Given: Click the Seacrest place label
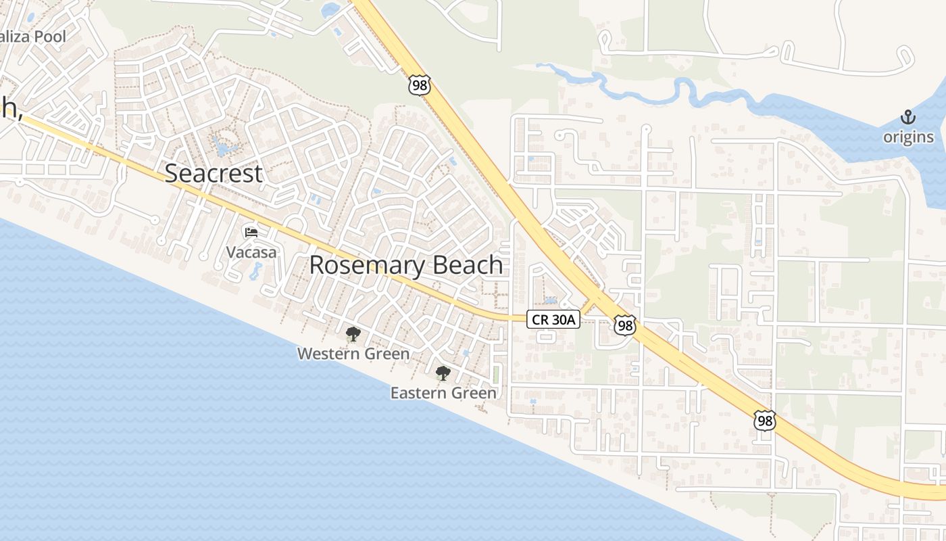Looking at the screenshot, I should (214, 173).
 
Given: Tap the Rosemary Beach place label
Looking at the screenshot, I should (406, 265).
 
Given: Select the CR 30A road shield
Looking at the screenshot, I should (553, 319).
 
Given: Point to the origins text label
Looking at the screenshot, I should (907, 137).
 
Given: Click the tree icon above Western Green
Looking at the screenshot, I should (353, 333).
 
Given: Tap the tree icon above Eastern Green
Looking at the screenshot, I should (443, 373).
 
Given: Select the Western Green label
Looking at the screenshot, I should (353, 353).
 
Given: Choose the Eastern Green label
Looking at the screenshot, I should (443, 392).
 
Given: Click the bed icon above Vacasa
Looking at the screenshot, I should (251, 233).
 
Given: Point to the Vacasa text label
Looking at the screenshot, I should (251, 252).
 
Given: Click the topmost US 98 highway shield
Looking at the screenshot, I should (419, 85).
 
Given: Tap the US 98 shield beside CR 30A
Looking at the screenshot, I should (625, 325).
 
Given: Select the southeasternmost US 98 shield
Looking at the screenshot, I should (765, 421).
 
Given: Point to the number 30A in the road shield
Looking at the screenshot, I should (562, 319).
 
